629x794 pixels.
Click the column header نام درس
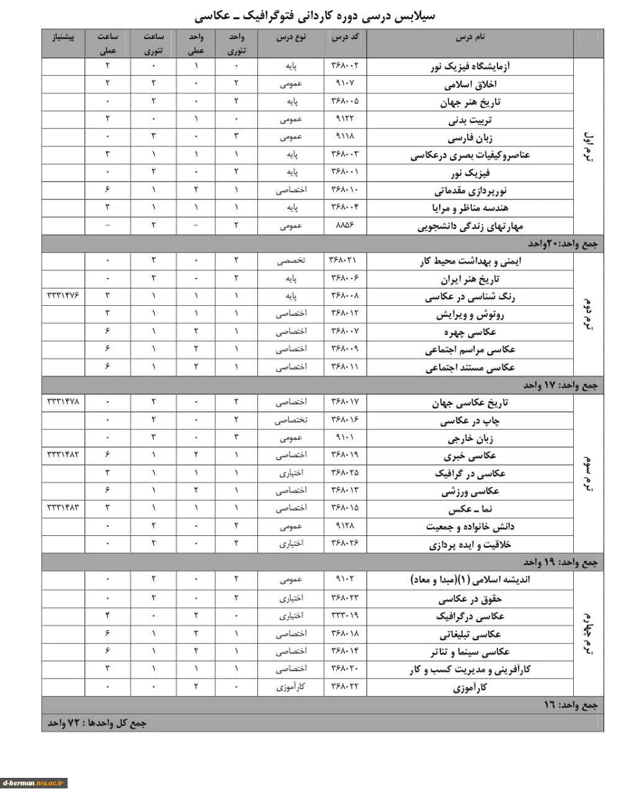tap(470, 38)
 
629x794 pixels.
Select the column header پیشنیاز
tap(63, 38)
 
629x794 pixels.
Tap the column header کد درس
tap(345, 38)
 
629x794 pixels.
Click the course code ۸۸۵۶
tap(345, 225)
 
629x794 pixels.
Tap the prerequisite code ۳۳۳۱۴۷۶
tap(63, 297)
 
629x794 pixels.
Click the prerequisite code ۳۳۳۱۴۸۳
tap(63, 508)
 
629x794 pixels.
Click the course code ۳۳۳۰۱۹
tap(345, 616)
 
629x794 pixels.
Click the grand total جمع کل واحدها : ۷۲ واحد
tap(97, 723)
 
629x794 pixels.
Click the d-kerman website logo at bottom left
tap(34, 783)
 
